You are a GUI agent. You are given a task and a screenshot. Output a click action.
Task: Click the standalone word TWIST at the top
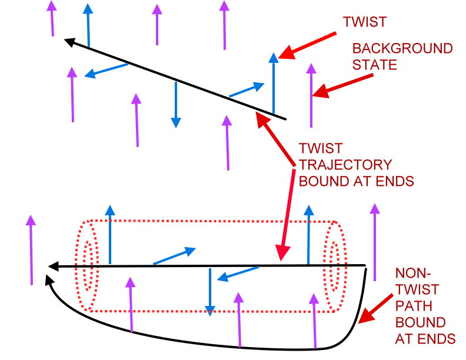coord(365,22)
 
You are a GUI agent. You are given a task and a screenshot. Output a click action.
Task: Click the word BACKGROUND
coord(402,48)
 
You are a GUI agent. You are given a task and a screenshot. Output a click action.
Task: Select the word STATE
coord(374,64)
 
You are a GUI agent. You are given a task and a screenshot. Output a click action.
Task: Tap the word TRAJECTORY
coord(345,164)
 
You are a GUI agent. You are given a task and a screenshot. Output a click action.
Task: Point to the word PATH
coord(410,306)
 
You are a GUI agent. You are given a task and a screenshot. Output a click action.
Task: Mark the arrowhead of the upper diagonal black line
coord(69,42)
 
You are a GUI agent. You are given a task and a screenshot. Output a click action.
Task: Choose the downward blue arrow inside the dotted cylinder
coord(209,292)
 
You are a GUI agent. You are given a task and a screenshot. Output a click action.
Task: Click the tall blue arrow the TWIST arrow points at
coord(272,82)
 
